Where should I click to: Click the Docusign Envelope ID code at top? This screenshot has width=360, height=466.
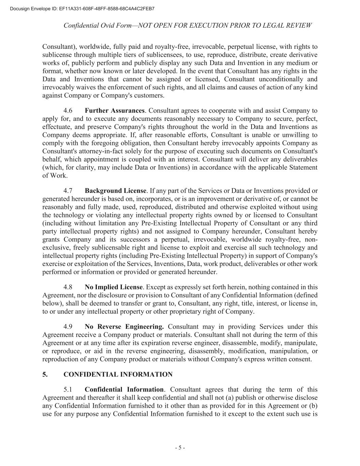coord(106,9)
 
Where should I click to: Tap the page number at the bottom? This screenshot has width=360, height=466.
coord(180,448)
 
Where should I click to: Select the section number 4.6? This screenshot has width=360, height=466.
coord(68,111)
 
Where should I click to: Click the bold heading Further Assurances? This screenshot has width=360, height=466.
coord(115,111)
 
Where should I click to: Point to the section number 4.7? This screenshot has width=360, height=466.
coord(68,190)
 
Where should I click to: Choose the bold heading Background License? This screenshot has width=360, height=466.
coord(116,190)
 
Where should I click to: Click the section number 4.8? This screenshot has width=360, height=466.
coord(68,287)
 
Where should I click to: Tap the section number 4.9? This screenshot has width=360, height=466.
coord(68,327)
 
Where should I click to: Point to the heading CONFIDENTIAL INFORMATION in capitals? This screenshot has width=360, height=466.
coord(118,375)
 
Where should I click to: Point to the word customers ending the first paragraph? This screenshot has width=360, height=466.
coord(149,96)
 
